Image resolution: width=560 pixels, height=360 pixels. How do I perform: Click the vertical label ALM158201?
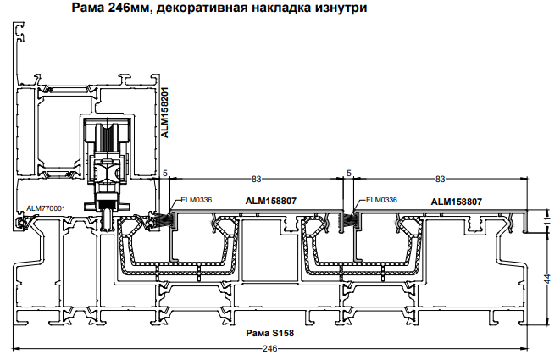(x=166, y=111)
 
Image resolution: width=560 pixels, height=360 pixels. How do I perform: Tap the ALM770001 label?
(x=46, y=208)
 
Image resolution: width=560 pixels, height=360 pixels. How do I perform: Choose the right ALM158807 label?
(x=457, y=202)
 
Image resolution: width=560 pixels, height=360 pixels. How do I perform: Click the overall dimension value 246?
(x=270, y=348)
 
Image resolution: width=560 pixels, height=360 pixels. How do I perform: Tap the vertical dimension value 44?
(x=547, y=278)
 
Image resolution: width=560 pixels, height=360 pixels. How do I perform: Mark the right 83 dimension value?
(x=440, y=179)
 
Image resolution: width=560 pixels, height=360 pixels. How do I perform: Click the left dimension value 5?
(x=165, y=173)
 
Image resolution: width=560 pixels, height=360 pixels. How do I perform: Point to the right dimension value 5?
(x=349, y=173)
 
